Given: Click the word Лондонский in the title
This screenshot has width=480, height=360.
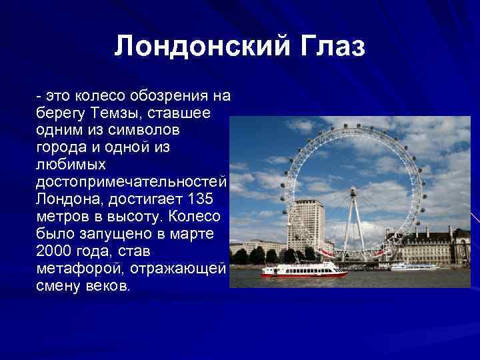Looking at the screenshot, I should tap(191, 47).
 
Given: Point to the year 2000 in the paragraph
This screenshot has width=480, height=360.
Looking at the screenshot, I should tap(55, 251).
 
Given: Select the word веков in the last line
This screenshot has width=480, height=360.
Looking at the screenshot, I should tap(107, 286).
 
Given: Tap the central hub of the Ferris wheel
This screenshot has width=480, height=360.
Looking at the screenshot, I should tap(353, 191).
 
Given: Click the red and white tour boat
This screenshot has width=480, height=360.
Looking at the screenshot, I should tap(303, 269).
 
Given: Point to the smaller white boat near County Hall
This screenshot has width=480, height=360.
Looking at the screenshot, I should tap(414, 267).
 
